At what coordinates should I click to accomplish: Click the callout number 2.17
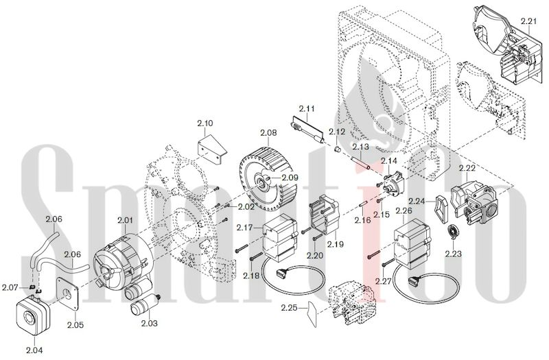pyautogui.click(x=245, y=227)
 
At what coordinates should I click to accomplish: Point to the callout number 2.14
pyautogui.click(x=389, y=160)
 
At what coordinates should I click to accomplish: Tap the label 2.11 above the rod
pyautogui.click(x=307, y=109)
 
